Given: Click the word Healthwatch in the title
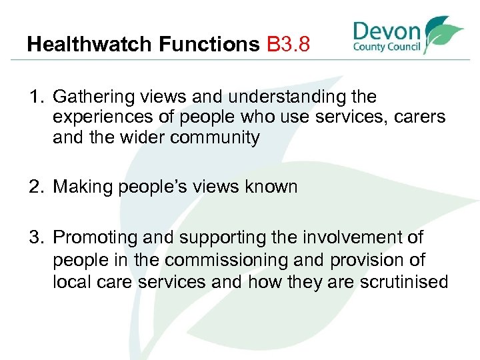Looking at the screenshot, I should click(90, 45).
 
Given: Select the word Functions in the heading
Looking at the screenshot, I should click(209, 45).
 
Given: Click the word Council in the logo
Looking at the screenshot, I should click(404, 48).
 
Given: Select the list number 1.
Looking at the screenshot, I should click(34, 97).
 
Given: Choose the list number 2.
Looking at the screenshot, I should click(34, 187).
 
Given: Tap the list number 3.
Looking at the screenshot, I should click(34, 237).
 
